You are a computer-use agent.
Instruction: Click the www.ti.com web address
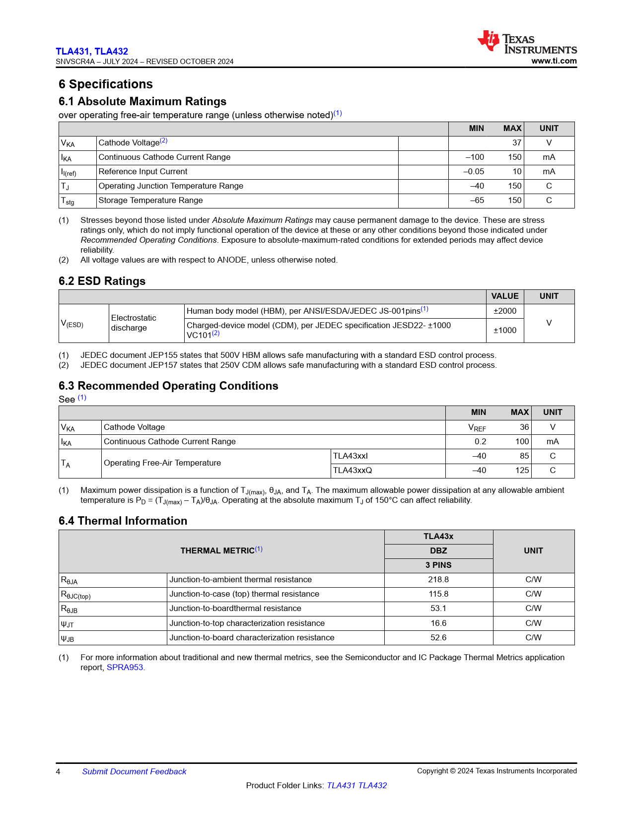[554, 61]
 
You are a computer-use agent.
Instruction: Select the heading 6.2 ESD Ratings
[102, 281]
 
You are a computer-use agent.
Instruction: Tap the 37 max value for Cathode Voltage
[517, 143]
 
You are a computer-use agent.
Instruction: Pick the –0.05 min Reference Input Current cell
[474, 172]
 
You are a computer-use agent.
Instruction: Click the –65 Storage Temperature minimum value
[477, 201]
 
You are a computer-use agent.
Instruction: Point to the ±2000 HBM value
[505, 311]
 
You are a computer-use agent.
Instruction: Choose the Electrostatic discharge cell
[134, 323]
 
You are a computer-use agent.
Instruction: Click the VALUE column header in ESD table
[505, 296]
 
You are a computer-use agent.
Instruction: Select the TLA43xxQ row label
[352, 471]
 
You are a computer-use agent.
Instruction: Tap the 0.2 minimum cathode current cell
[480, 442]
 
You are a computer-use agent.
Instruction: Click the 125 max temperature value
[522, 471]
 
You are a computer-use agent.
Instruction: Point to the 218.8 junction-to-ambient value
[438, 580]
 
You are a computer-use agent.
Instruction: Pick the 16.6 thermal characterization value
[438, 623]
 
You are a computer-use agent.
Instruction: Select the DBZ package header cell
[438, 551]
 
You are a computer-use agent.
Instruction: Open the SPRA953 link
[125, 668]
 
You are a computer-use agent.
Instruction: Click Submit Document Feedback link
[134, 772]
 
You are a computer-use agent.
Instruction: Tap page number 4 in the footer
[58, 772]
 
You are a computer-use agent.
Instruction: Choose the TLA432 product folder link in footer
[372, 786]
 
